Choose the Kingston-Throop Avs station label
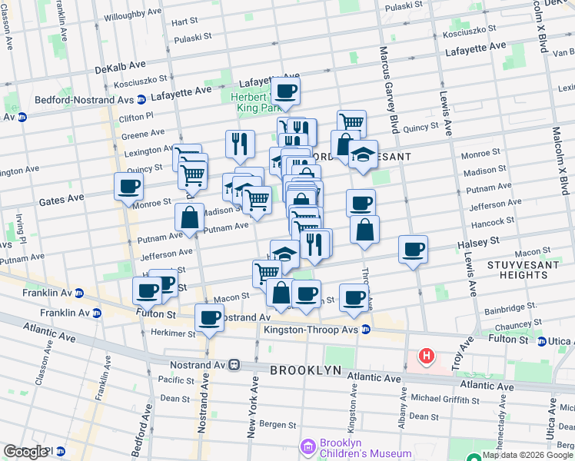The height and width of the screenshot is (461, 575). (311, 330)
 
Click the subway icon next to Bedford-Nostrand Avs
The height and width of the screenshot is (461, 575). (141, 100)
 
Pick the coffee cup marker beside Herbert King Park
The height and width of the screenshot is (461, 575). (286, 91)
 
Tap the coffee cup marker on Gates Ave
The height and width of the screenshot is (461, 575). (128, 186)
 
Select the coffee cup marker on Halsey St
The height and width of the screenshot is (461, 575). (413, 250)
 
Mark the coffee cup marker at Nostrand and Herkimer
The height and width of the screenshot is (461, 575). (209, 318)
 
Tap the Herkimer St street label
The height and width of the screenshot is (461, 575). (174, 333)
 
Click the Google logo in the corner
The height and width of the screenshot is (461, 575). (25, 452)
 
